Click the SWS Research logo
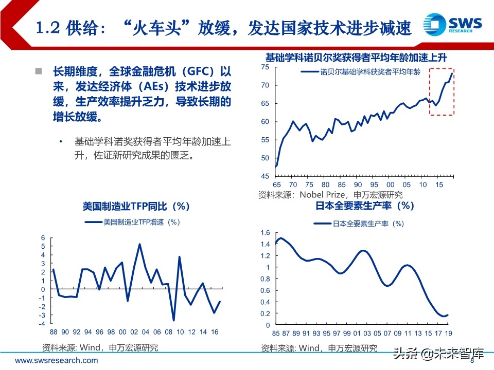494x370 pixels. tap(452, 25)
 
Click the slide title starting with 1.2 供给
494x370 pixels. tap(223, 28)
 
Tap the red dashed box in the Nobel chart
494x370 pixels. tap(442, 91)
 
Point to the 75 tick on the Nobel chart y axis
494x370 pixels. tap(265, 67)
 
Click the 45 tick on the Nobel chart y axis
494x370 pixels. tap(265, 176)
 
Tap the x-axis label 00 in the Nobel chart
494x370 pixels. tap(390, 185)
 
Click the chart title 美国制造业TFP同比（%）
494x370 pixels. tap(136, 206)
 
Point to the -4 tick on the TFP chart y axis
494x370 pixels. tap(43, 324)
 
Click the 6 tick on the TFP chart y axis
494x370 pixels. tap(44, 238)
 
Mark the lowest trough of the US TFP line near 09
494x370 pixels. tap(173, 320)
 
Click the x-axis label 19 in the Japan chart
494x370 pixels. tap(449, 334)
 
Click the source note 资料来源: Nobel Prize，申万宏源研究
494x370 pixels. tap(330, 195)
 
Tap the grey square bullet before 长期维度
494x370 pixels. tap(38, 70)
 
